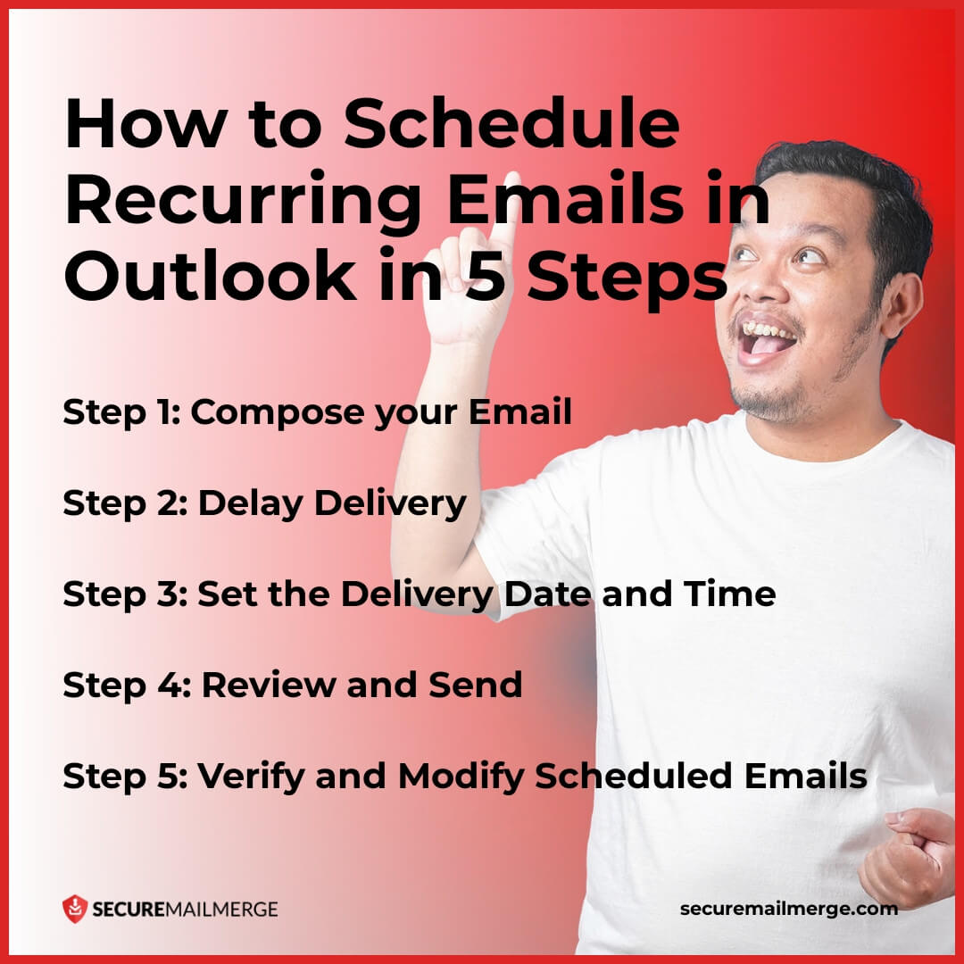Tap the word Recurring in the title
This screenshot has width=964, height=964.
click(234, 202)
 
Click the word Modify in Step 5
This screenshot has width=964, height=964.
click(461, 777)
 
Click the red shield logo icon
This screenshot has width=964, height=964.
click(74, 909)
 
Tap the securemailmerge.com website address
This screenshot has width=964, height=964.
click(788, 909)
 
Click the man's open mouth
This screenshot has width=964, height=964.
click(767, 337)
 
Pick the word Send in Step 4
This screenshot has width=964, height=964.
click(475, 686)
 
